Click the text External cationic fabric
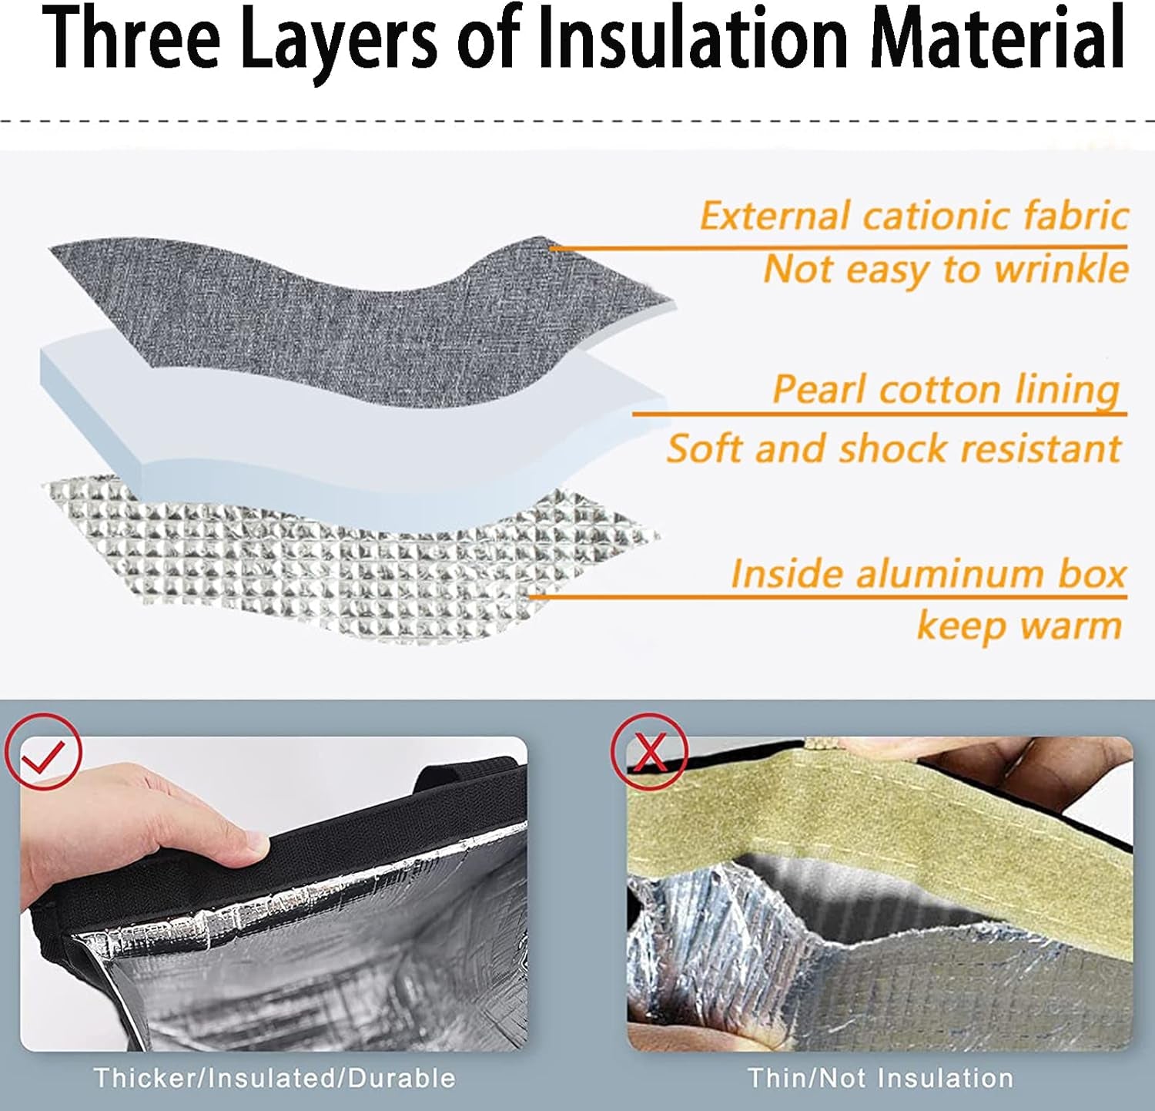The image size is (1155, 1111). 914,216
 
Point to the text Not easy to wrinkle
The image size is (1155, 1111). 946,270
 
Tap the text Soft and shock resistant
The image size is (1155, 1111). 894,448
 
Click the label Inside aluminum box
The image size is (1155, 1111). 928,574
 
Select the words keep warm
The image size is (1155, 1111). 1019,626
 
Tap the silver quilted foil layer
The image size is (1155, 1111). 346,562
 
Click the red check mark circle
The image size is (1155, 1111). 43,751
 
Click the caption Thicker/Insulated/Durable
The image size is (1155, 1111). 274,1077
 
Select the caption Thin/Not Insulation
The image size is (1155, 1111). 880,1077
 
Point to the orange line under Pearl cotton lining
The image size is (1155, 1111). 879,415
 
